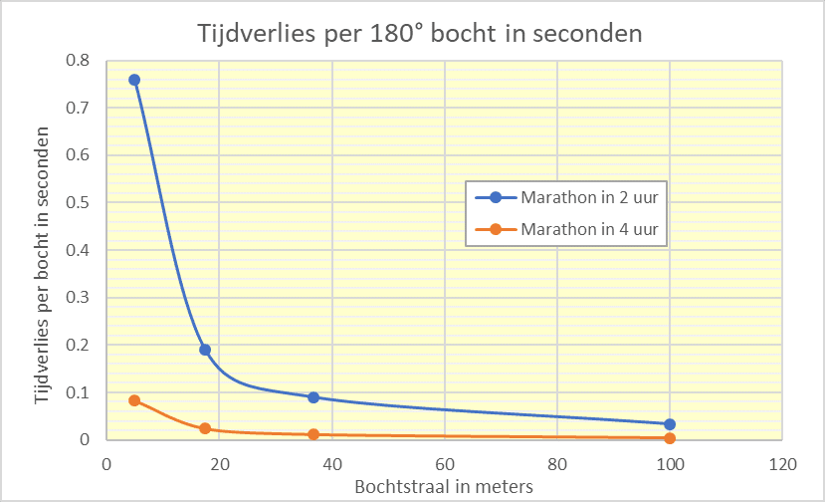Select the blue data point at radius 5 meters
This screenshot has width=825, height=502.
pos(134,80)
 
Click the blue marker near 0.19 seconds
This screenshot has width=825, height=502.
pos(205,350)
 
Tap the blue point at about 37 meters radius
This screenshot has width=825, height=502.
pos(313,397)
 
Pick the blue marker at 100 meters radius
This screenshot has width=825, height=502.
pos(670,424)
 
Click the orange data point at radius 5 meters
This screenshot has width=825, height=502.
pos(134,400)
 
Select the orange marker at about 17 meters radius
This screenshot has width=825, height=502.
pos(205,428)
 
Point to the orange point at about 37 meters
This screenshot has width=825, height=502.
pos(313,434)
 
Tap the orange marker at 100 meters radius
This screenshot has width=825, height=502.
pos(670,438)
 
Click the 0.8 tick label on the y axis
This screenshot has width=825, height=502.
pos(78,61)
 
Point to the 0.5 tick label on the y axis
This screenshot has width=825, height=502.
pos(78,203)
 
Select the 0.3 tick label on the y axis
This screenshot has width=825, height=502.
pos(78,298)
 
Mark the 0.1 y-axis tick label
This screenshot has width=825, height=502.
pos(78,392)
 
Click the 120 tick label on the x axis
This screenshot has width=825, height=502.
pos(783,463)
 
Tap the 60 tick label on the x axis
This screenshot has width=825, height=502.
pos(445,463)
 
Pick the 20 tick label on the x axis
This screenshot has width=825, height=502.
pos(219,463)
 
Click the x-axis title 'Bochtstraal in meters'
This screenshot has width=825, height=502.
pos(444,486)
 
